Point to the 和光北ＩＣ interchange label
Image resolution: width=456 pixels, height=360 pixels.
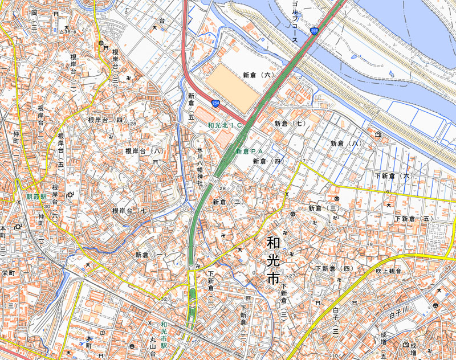pyautogui.click(x=225, y=124)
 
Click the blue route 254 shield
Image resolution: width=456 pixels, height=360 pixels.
pyautogui.click(x=215, y=103)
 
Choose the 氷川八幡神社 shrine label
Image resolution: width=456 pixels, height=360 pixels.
pyautogui.click(x=200, y=165)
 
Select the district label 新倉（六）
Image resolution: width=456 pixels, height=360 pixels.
pyautogui.click(x=259, y=75)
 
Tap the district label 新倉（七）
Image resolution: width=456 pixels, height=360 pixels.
pyautogui.click(x=290, y=123)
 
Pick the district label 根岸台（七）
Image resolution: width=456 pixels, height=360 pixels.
pyautogui.click(x=132, y=211)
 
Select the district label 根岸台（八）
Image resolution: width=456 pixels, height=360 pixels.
pyautogui.click(x=145, y=151)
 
